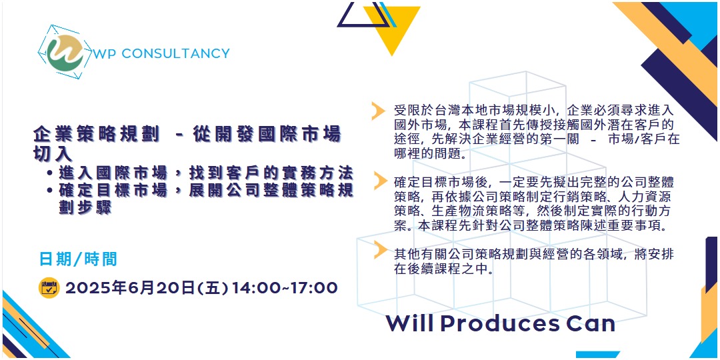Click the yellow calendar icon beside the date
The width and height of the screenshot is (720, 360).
click(49, 288)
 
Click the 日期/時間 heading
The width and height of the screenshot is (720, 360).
click(78, 259)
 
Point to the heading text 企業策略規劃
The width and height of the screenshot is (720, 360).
click(96, 133)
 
